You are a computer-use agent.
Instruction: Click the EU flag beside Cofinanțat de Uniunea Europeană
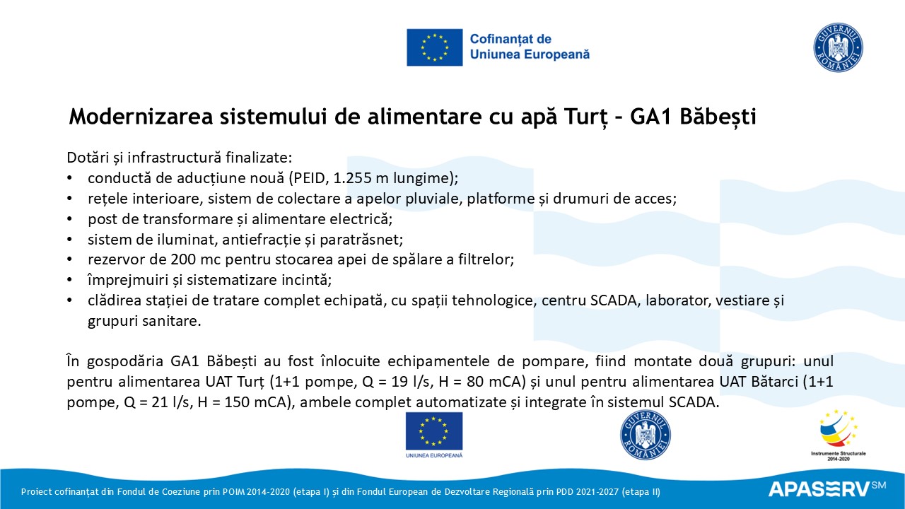434,47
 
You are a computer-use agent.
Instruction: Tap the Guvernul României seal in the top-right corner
838,47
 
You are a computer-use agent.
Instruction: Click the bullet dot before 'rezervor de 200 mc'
70,259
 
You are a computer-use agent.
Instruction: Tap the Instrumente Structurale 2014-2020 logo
838,433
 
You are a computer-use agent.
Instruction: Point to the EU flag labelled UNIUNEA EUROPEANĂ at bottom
434,433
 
